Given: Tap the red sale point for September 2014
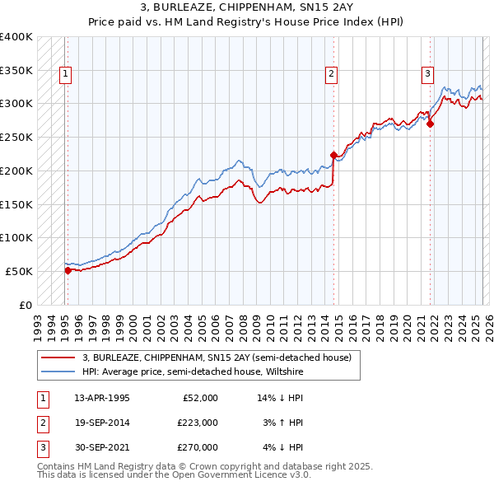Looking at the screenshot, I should click(333, 155).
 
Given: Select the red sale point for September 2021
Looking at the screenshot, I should click(431, 124).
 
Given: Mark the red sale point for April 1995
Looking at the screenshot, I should click(68, 269).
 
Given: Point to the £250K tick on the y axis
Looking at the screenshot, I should click(16, 137).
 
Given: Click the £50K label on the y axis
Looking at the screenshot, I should click(20, 271).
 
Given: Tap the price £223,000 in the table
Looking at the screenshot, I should click(198, 423).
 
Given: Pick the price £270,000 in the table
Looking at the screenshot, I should click(198, 447).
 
